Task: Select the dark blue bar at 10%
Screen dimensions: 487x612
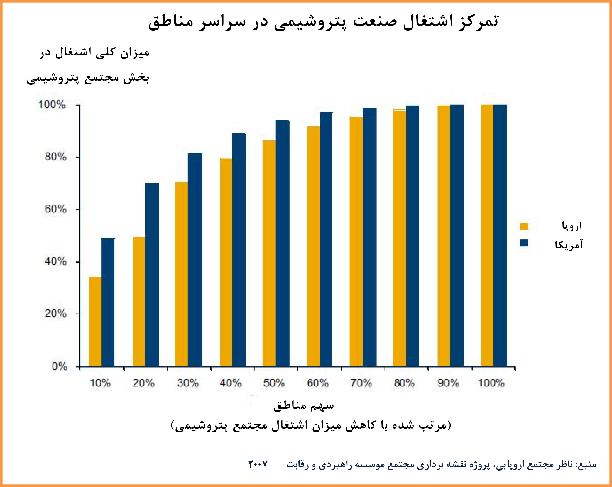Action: pos(108,302)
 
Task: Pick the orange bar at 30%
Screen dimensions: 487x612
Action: pos(181,274)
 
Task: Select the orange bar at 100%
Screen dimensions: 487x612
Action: pos(487,235)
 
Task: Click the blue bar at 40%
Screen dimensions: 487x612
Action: pos(239,250)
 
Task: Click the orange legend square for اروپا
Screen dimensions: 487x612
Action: pos(524,226)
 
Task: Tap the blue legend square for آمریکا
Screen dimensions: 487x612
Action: pos(524,243)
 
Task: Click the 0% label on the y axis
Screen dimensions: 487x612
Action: pos(59,366)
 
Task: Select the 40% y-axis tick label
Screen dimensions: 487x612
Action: pos(55,261)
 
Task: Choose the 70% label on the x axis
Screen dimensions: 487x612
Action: pos(361,383)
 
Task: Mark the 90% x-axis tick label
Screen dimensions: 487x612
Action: pos(448,383)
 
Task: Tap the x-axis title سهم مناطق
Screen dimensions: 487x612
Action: pos(304,406)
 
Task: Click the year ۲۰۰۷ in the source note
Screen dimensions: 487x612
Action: pos(258,464)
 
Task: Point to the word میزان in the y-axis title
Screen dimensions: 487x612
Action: pos(134,53)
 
